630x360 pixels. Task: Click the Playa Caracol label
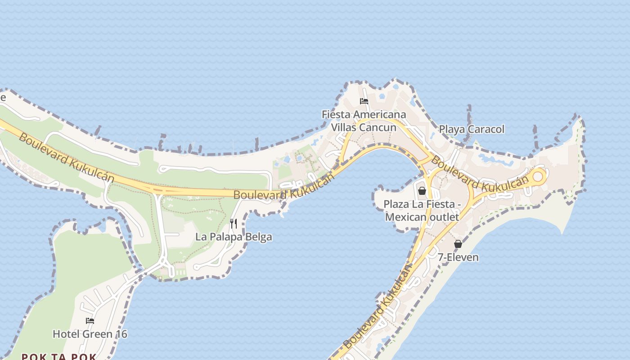click(472, 130)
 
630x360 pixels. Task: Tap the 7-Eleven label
click(458, 257)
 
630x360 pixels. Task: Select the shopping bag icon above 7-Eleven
click(458, 244)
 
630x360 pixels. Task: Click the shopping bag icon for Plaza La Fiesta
click(422, 191)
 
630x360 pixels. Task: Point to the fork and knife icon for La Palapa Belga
click(234, 223)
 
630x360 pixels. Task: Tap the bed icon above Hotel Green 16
click(90, 321)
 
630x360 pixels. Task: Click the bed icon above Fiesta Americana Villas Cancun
click(364, 101)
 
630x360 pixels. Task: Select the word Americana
click(379, 115)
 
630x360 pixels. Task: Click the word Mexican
click(406, 217)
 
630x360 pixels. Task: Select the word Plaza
click(396, 204)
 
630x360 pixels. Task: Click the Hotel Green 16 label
click(90, 334)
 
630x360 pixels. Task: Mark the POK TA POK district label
click(59, 357)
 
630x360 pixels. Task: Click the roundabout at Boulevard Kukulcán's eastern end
click(538, 176)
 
